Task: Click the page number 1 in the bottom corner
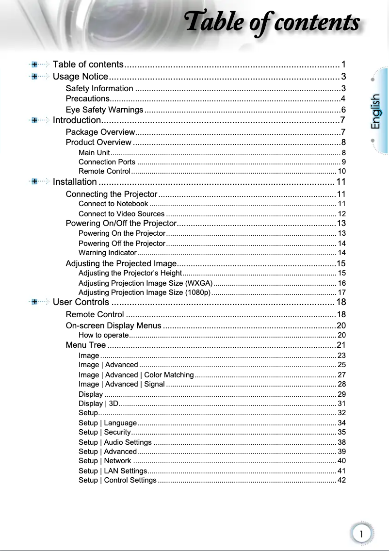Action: (x=361, y=534)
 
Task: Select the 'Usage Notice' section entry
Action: (x=80, y=77)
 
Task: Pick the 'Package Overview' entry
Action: (x=100, y=132)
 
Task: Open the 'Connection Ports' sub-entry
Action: (x=107, y=162)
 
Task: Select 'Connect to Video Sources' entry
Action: (x=121, y=214)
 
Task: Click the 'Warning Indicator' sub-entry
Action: (x=107, y=253)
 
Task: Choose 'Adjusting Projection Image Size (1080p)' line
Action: (x=144, y=292)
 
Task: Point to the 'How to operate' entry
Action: (x=103, y=335)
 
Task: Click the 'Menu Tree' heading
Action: (x=85, y=345)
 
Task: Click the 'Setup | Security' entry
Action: (x=104, y=432)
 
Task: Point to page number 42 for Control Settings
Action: (x=341, y=480)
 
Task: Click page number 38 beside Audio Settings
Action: (x=341, y=442)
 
